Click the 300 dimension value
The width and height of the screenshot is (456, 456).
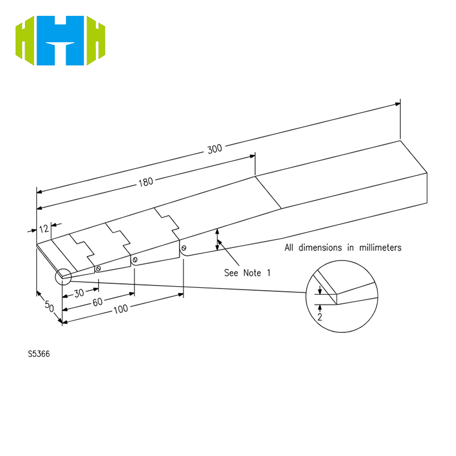pyautogui.click(x=215, y=149)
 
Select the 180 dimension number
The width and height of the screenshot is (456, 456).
pyautogui.click(x=146, y=182)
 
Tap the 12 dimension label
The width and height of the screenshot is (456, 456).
pyautogui.click(x=44, y=229)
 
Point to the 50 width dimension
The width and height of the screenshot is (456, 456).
pyautogui.click(x=50, y=306)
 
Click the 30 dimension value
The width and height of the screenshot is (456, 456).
pyautogui.click(x=79, y=293)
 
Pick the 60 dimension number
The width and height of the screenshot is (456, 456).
pyautogui.click(x=97, y=302)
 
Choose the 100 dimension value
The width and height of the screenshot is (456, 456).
pyautogui.click(x=121, y=309)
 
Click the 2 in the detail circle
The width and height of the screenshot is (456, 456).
pyautogui.click(x=320, y=317)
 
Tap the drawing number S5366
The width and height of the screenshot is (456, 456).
pyautogui.click(x=39, y=354)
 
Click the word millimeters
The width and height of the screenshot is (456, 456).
pyautogui.click(x=380, y=247)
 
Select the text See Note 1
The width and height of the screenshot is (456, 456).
pyautogui.click(x=247, y=273)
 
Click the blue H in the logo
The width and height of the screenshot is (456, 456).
pyautogui.click(x=60, y=40)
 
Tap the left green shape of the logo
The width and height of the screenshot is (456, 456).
pyautogui.click(x=25, y=40)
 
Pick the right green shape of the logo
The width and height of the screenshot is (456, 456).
pyautogui.click(x=96, y=40)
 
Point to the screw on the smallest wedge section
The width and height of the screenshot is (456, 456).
pyautogui.click(x=98, y=268)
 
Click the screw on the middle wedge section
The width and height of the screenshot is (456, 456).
pyautogui.click(x=135, y=260)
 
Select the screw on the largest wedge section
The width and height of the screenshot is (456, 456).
pyautogui.click(x=184, y=248)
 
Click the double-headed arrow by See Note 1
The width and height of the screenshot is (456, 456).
pyautogui.click(x=217, y=239)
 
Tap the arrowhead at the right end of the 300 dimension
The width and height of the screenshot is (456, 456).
pyautogui.click(x=397, y=104)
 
